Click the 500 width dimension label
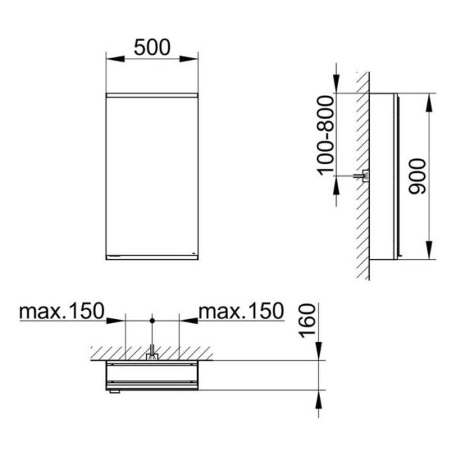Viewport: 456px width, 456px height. coord(152,47)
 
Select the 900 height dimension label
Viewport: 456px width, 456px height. coord(417,176)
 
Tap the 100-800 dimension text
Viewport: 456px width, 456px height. coord(325,136)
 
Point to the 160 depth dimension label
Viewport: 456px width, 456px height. coord(307,321)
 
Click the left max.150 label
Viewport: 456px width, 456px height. coord(62,311)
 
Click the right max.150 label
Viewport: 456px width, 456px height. coord(241,311)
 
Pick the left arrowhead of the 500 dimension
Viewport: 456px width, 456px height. coord(116,59)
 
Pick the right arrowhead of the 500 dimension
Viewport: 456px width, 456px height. coord(188,59)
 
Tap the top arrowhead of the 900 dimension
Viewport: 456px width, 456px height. coord(429,103)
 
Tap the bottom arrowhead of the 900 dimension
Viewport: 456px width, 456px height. coord(429,250)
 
